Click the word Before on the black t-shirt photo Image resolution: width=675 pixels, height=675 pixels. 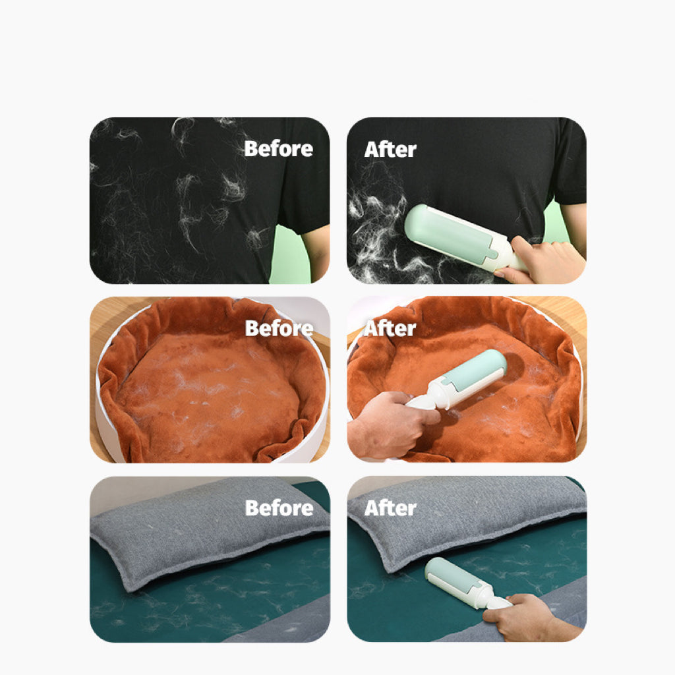278,149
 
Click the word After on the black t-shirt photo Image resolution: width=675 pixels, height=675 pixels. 390,150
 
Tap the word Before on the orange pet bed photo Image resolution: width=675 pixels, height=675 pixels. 279,328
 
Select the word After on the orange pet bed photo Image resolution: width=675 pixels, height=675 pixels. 390,328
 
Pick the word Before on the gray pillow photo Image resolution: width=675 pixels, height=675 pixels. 279,508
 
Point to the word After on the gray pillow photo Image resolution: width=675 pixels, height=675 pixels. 390,508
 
